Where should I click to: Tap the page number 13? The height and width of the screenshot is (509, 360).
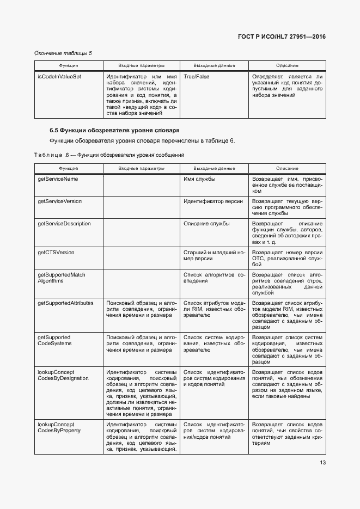[322, 463]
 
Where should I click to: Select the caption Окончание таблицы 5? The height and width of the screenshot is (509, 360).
[63, 53]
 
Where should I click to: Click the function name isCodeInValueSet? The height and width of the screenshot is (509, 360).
[59, 77]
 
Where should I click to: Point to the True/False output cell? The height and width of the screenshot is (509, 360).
[197, 77]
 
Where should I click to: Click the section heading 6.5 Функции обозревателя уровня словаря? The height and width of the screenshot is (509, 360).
[114, 131]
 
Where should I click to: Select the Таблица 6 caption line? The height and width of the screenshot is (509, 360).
[109, 155]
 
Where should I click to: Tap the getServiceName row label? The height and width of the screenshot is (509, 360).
[58, 179]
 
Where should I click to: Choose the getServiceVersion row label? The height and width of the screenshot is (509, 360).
[59, 201]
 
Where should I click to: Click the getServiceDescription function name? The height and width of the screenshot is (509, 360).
[64, 224]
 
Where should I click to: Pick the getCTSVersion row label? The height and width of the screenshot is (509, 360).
[56, 253]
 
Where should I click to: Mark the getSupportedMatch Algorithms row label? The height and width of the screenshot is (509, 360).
[61, 278]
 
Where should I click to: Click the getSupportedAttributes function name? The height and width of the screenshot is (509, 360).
[65, 303]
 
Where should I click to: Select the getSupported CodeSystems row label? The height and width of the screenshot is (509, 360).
[54, 340]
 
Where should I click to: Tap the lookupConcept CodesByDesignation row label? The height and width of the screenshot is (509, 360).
[63, 375]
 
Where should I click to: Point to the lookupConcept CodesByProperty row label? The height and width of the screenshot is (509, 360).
[59, 427]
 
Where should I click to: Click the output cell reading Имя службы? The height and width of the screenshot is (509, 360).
[199, 179]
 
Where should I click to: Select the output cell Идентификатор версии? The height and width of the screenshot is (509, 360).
[213, 201]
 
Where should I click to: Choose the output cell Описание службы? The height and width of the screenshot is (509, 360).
[206, 224]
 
